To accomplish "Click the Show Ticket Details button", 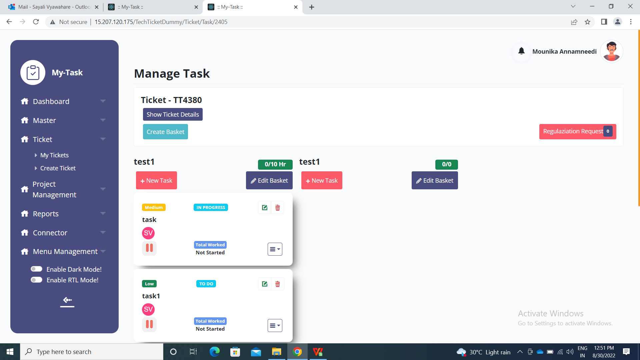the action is (x=173, y=114).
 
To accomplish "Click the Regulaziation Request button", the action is (x=578, y=131).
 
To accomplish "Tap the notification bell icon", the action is (x=521, y=51).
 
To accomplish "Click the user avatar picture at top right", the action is (x=611, y=51).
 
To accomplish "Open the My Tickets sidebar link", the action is (x=54, y=155).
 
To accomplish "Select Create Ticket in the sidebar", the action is (x=58, y=168).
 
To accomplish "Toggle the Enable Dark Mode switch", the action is (x=36, y=269).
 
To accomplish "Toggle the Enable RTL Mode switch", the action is (x=36, y=280).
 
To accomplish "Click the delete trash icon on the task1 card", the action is (x=278, y=284).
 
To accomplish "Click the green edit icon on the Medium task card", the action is (x=265, y=208).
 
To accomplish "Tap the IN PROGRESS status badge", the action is (x=211, y=207).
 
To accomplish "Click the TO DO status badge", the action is (x=206, y=284).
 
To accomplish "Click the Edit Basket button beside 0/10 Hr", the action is (x=269, y=180).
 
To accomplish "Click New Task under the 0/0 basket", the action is (x=322, y=180).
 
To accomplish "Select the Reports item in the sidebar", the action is (x=46, y=214).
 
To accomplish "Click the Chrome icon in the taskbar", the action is (x=297, y=352).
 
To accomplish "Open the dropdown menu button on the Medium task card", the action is (x=275, y=249).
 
